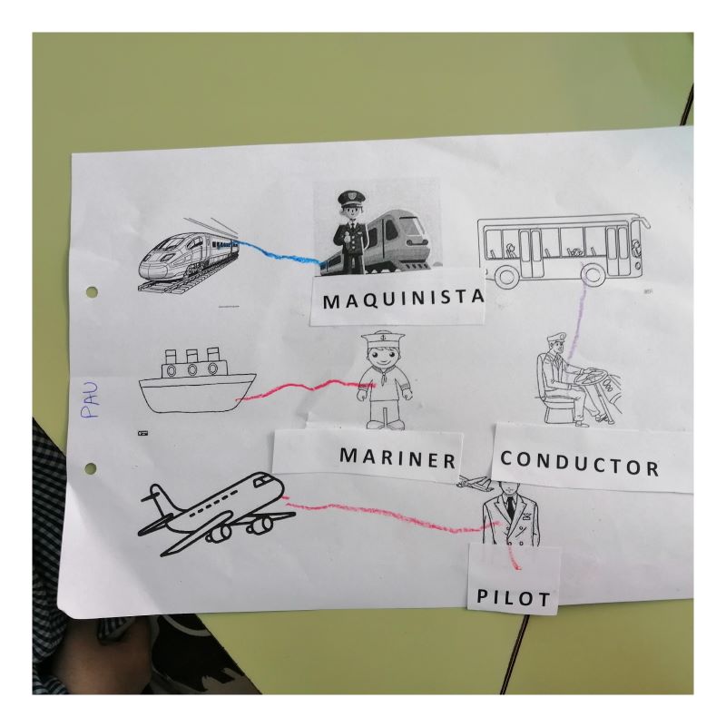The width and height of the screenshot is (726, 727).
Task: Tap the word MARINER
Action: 397,458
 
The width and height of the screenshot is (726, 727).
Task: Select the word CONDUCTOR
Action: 579,463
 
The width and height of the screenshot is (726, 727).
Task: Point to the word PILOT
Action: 514,597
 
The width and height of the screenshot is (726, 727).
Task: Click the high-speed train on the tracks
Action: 188,256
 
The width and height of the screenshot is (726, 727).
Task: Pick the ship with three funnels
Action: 198,380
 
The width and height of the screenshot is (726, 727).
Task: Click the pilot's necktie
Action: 510,507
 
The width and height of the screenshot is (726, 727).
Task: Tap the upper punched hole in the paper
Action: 92,292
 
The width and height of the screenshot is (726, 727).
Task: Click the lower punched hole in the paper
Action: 91,468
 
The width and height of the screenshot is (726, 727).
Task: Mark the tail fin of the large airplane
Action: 159,498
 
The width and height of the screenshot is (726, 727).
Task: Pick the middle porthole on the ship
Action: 191,370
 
